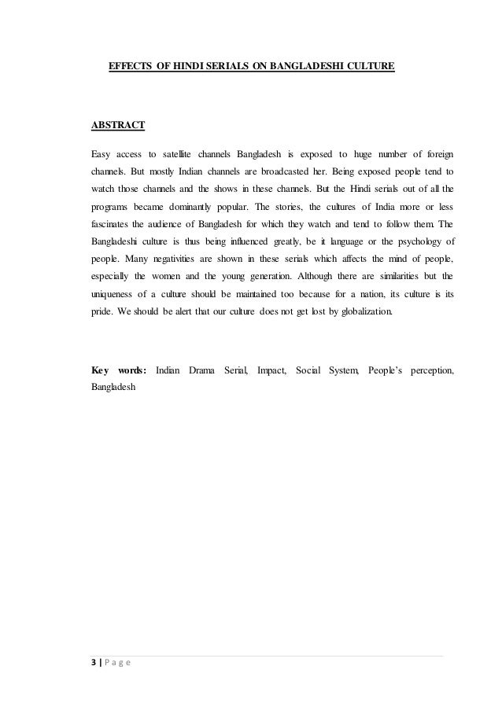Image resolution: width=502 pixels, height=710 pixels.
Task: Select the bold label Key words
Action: click(117, 369)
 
